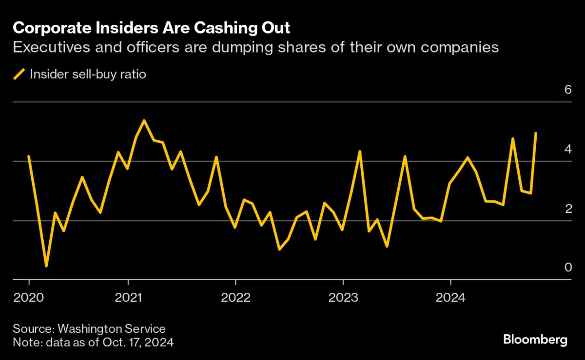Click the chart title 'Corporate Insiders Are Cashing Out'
pyautogui.click(x=151, y=28)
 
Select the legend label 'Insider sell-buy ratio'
pyautogui.click(x=88, y=75)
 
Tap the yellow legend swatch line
pyautogui.click(x=19, y=75)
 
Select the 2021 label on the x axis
pyautogui.click(x=128, y=297)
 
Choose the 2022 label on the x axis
pyautogui.click(x=235, y=297)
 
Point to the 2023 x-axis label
pyautogui.click(x=343, y=297)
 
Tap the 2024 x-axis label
pyautogui.click(x=450, y=297)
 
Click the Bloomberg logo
pyautogui.click(x=535, y=340)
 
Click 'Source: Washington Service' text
pyautogui.click(x=89, y=329)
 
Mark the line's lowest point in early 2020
pyautogui.click(x=46, y=266)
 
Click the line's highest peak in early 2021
pyautogui.click(x=144, y=120)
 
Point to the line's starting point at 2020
pyautogui.click(x=29, y=156)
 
